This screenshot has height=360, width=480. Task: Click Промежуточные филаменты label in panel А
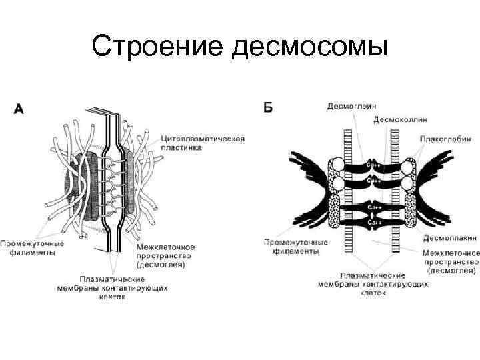click(33, 247)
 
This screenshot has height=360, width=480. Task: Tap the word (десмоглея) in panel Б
click(453, 271)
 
